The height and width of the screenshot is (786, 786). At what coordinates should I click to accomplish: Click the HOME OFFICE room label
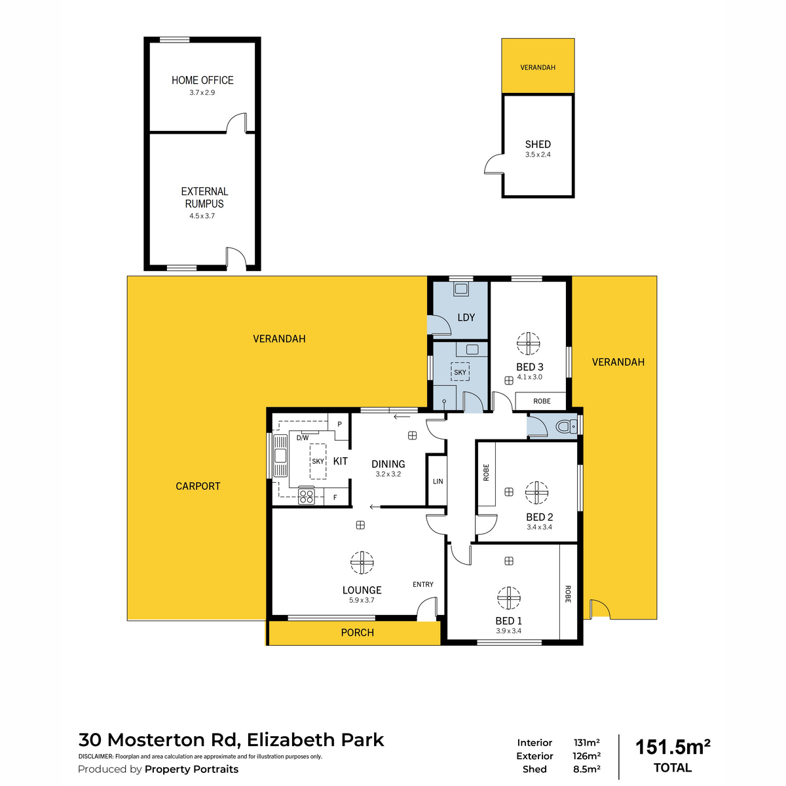[x=202, y=80]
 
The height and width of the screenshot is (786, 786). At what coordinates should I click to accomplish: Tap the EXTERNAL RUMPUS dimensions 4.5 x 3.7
[x=202, y=216]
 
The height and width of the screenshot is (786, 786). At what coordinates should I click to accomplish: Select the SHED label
[x=538, y=144]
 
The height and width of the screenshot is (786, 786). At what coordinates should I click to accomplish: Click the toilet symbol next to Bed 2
[x=564, y=427]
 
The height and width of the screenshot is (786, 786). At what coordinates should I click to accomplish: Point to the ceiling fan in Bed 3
[x=528, y=343]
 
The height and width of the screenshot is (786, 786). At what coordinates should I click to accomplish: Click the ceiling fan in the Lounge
[x=362, y=562]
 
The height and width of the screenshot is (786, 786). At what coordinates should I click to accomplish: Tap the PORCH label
[x=357, y=633]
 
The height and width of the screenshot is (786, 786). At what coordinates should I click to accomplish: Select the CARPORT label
[x=198, y=486]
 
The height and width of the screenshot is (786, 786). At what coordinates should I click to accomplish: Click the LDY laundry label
[x=466, y=318]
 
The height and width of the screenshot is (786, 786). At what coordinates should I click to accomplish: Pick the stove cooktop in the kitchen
[x=306, y=496]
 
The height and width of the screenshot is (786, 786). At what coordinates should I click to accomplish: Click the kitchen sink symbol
[x=280, y=455]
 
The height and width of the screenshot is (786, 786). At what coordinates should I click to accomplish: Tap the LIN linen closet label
[x=438, y=481]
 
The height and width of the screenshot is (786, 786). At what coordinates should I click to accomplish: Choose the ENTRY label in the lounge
[x=422, y=584]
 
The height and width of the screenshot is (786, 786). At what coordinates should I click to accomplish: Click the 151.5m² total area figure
[x=673, y=747]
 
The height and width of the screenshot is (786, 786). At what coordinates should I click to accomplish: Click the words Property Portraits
[x=191, y=770]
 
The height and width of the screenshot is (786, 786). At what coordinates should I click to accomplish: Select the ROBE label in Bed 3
[x=542, y=401]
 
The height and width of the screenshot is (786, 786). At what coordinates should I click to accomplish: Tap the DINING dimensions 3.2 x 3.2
[x=388, y=474]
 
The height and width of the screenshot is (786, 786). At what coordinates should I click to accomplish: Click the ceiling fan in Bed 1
[x=509, y=597]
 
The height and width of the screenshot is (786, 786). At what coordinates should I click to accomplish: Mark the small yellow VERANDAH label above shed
[x=538, y=67]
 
